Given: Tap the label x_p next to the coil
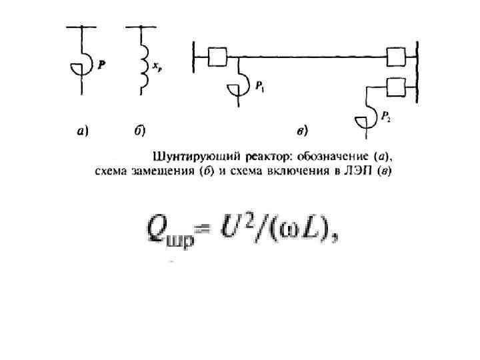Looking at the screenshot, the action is tap(157, 67).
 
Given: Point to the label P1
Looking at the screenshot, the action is tap(261, 86).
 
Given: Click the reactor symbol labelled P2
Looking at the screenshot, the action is tap(365, 120).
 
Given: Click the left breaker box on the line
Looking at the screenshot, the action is tap(218, 57).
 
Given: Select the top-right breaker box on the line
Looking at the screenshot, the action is tap(399, 57).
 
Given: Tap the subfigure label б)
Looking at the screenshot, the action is tap(140, 131).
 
